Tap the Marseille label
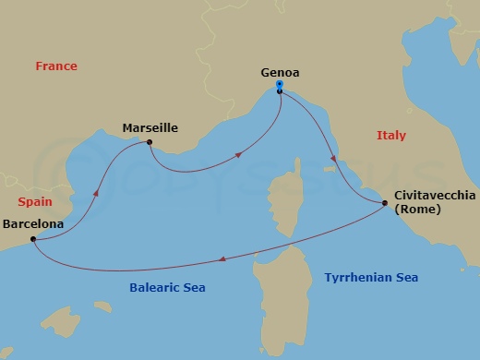coord(150,128)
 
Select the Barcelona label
coord(33,223)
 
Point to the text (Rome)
coord(417,209)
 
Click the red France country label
coord(55,66)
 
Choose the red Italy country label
coord(391,136)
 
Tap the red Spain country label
coord(33,201)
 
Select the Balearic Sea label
coord(166,288)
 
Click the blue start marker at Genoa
coord(279,87)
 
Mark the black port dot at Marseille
coord(149,142)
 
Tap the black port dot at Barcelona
coord(33,240)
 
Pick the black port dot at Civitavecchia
coord(385,202)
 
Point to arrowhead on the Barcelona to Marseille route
coord(96,195)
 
